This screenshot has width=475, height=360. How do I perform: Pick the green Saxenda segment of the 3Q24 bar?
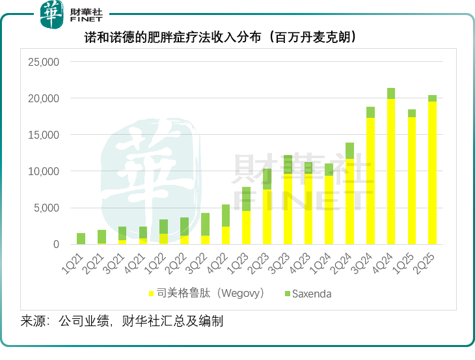pyautogui.click(x=371, y=112)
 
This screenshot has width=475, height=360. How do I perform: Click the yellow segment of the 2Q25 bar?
pyautogui.click(x=432, y=173)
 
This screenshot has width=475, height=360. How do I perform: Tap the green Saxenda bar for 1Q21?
pyautogui.click(x=81, y=238)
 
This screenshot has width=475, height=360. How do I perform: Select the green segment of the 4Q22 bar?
pyautogui.click(x=226, y=215)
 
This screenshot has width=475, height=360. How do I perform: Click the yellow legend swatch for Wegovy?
pyautogui.click(x=152, y=294)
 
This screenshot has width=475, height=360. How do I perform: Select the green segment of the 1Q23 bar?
pyautogui.click(x=246, y=199)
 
